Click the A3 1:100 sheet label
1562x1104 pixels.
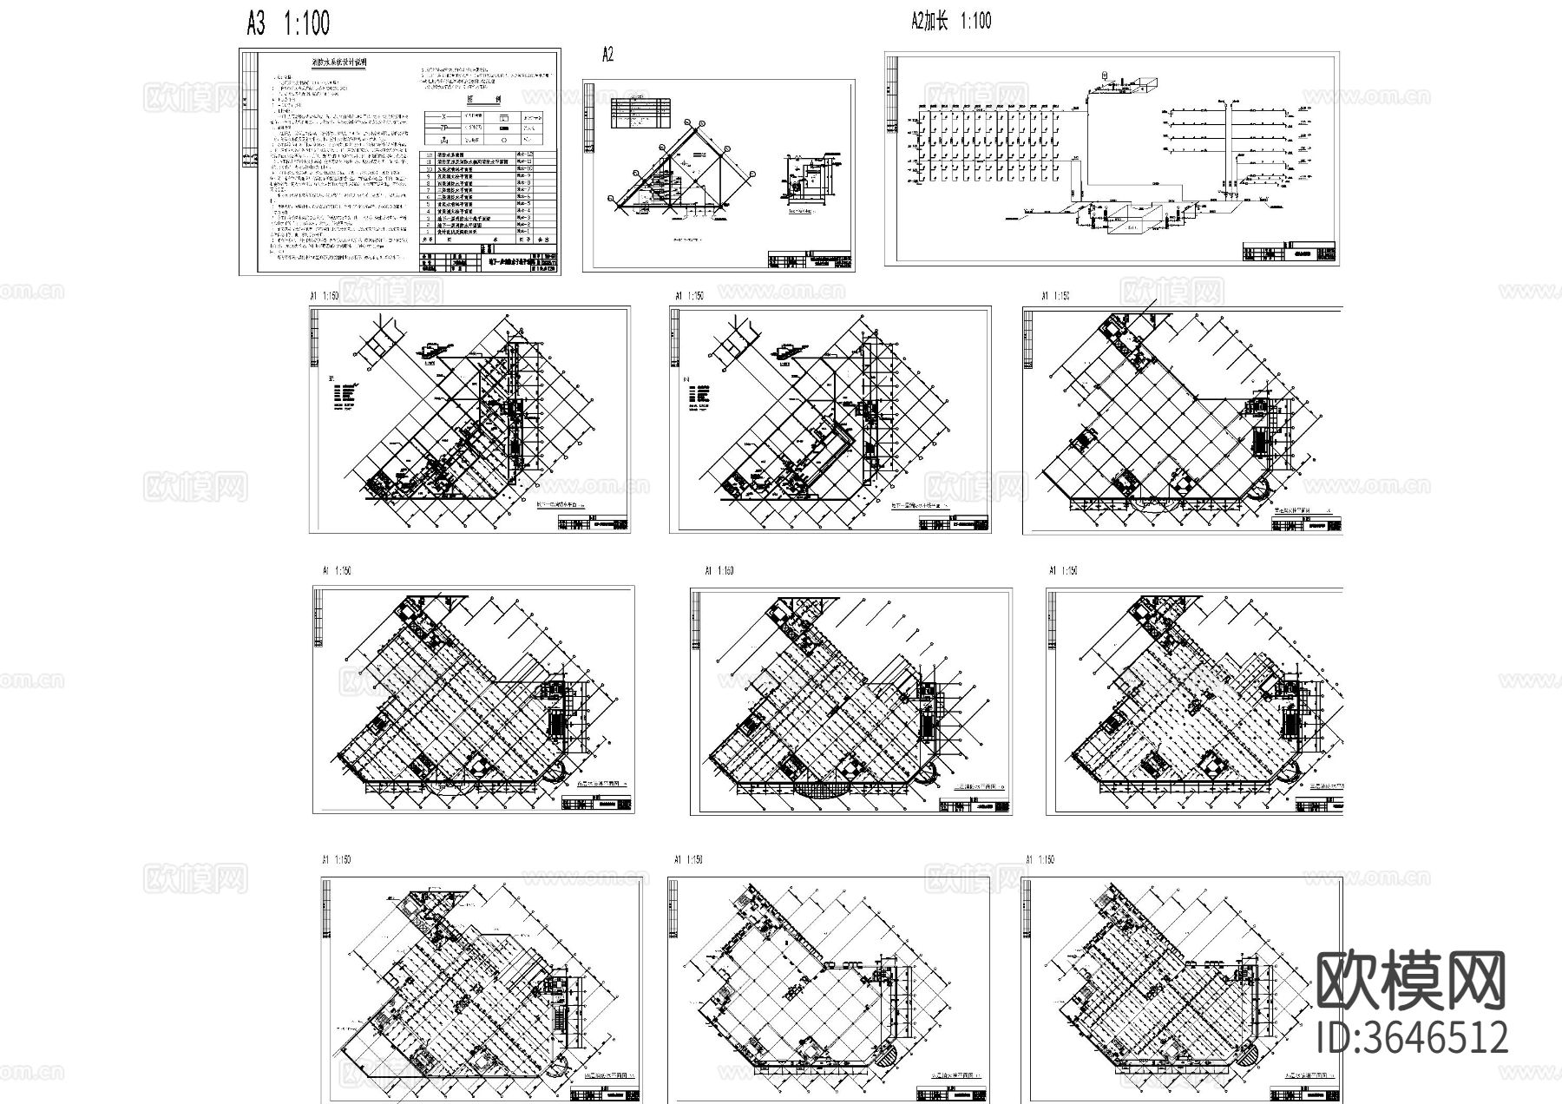(288, 23)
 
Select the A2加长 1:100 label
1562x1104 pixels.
(951, 22)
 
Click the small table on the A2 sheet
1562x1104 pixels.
(640, 113)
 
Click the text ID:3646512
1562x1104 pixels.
(1412, 1038)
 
